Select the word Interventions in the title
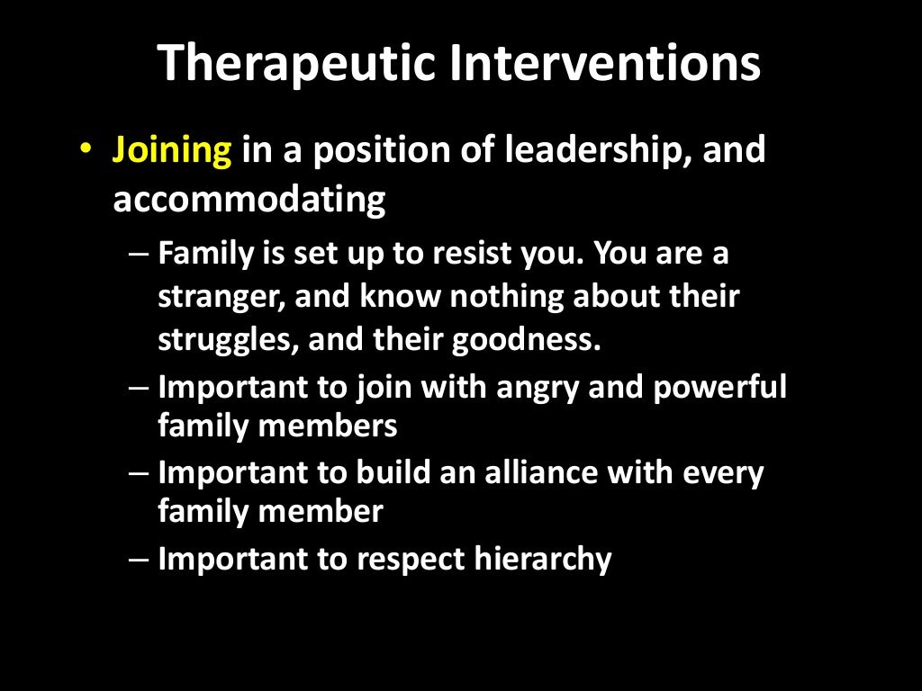[x=603, y=64]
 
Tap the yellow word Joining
[x=172, y=151]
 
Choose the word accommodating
[x=249, y=199]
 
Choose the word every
[x=723, y=473]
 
